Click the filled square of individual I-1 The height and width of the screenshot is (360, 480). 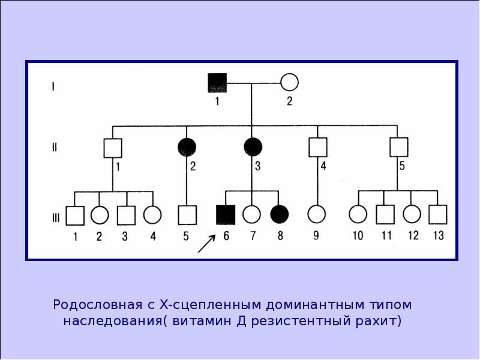coord(217,83)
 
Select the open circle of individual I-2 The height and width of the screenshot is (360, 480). coord(289,82)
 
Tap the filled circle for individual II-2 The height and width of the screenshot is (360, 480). coord(187,147)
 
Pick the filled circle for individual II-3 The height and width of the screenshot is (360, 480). coord(253,147)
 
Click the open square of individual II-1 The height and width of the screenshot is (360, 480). coord(113,148)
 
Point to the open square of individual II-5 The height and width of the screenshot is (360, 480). coord(399,147)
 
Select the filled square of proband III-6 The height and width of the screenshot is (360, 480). coord(226,215)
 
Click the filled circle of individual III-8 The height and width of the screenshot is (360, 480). coord(280,214)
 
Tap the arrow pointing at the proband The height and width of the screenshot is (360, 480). coord(206,244)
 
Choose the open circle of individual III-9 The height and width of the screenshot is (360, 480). coord(317,214)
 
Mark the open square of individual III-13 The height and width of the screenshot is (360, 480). coord(438,215)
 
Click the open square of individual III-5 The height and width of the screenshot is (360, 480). coord(187,215)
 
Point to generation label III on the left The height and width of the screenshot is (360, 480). coord(56,218)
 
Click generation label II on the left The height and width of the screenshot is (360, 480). coord(55,148)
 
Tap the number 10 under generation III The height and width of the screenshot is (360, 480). coord(358,236)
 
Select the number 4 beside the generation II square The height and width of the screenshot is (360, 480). coord(323,166)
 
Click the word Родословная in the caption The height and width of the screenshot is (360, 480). coord(98,305)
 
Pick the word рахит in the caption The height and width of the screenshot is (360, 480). coord(378,322)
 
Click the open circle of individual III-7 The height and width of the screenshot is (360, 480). coord(251,214)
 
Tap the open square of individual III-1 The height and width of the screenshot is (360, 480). coord(75,216)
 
